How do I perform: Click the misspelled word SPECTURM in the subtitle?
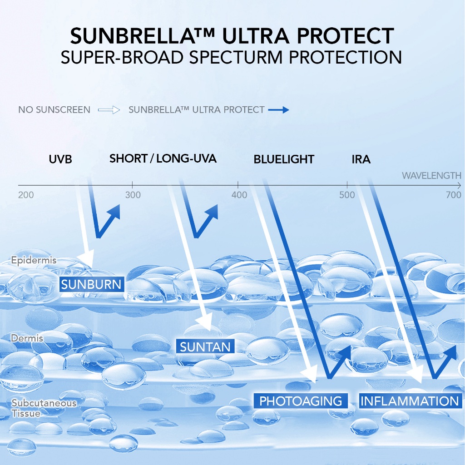coord(236,57)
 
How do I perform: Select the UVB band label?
coord(60,159)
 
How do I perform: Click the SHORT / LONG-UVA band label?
coord(163,158)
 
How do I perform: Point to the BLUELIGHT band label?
coord(284,159)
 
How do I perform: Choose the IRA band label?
coord(361,159)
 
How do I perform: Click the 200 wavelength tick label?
coord(26,195)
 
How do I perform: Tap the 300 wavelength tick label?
coord(133,195)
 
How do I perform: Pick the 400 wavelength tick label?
coord(239,195)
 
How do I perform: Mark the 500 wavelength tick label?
coord(347,195)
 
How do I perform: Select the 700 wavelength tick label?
coord(454,195)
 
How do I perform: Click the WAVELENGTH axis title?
coord(431,176)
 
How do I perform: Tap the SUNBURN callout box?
coord(92,284)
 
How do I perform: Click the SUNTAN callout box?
coord(205,346)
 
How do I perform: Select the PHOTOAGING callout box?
coord(301,401)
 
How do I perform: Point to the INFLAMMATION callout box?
coord(410,401)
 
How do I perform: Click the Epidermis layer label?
coord(34,260)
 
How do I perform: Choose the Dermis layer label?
coord(27,338)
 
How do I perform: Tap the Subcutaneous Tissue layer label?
coord(44,408)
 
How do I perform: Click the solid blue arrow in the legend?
coord(278,110)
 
